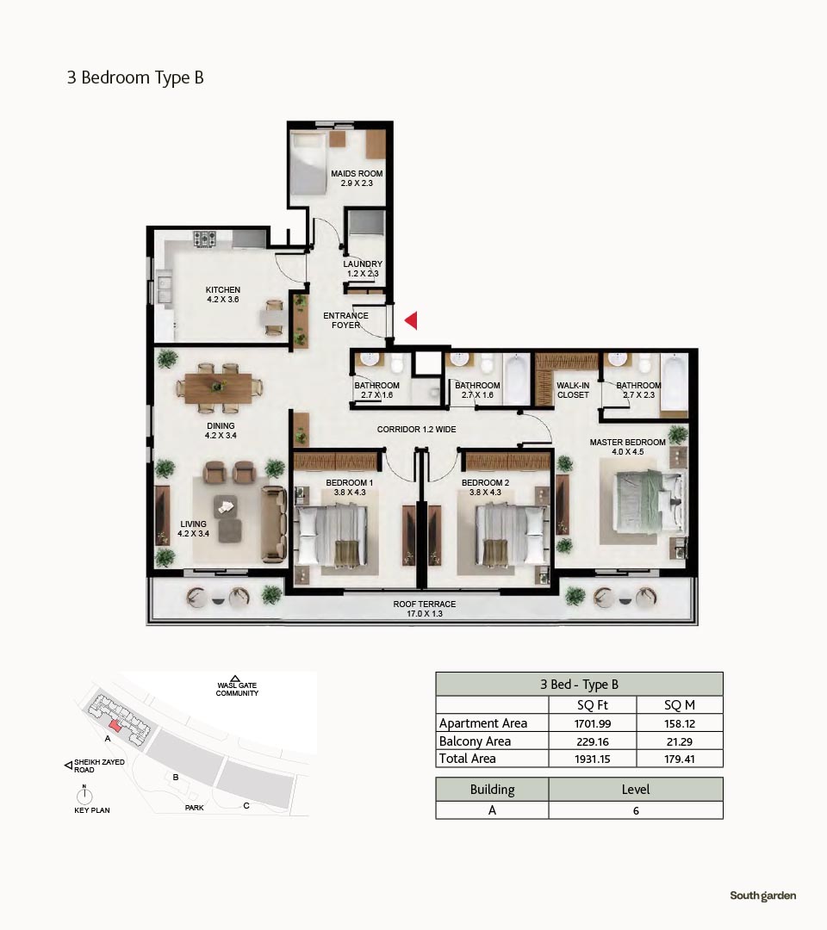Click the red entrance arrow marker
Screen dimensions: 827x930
pyautogui.click(x=411, y=320)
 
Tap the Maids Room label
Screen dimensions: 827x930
pyautogui.click(x=357, y=178)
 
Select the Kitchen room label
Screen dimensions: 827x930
pyautogui.click(x=223, y=294)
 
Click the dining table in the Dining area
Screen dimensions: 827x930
pyautogui.click(x=218, y=387)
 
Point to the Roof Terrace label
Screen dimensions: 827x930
pyautogui.click(x=424, y=609)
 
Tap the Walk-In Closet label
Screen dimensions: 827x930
pyautogui.click(x=573, y=390)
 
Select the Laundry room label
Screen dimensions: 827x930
pyautogui.click(x=363, y=269)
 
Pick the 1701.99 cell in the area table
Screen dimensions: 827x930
pyautogui.click(x=593, y=723)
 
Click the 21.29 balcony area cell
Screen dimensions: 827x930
pyautogui.click(x=680, y=741)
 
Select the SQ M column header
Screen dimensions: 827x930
pyautogui.click(x=680, y=704)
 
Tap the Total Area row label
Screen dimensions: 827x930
pyautogui.click(x=468, y=759)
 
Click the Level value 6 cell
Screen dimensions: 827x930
pyautogui.click(x=636, y=810)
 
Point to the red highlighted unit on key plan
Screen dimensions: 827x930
pyautogui.click(x=115, y=726)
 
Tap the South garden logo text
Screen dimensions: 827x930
pyautogui.click(x=763, y=896)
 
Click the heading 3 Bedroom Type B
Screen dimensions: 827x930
pyautogui.click(x=135, y=77)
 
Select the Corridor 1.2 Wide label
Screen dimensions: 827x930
pyautogui.click(x=416, y=429)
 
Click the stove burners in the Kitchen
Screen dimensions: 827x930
pyautogui.click(x=205, y=239)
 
